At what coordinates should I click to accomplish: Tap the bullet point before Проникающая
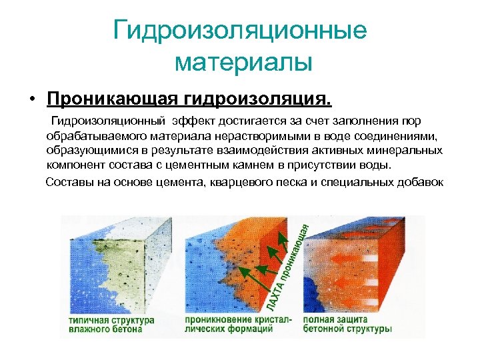tap(31, 100)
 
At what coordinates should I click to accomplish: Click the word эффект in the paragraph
tap(192, 121)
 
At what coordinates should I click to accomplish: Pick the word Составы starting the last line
tap(68, 182)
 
